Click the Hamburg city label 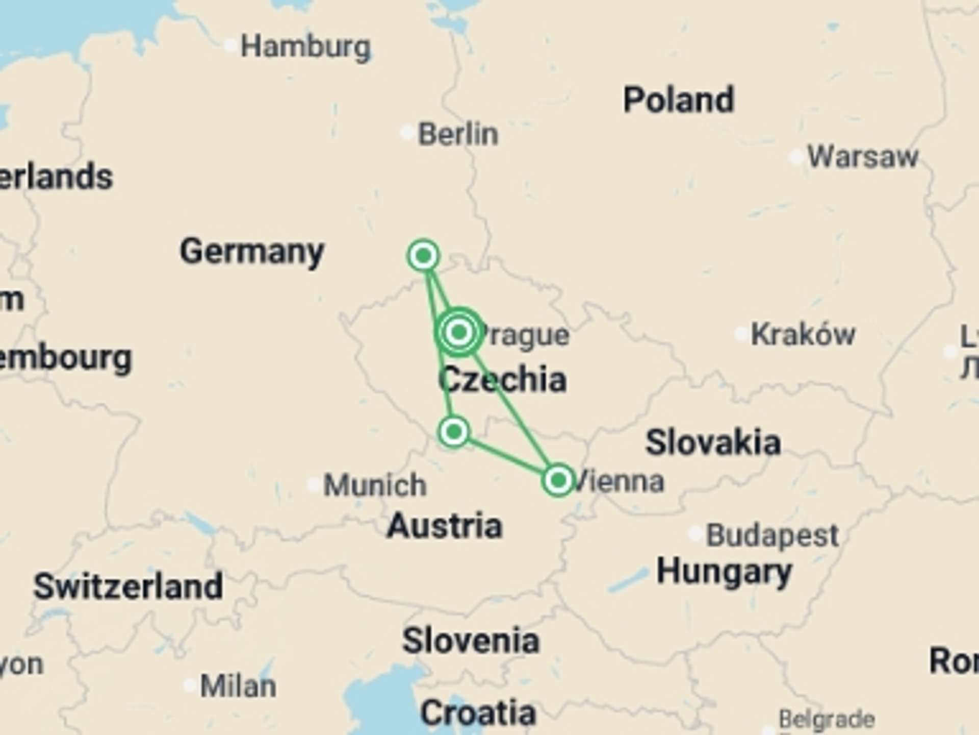305,47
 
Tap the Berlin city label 458,134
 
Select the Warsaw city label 863,157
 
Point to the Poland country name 679,100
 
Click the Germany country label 252,252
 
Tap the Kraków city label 803,335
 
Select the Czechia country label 502,380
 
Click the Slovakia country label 713,443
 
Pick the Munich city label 375,485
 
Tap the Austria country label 445,526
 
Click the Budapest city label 772,535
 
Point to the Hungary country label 724,572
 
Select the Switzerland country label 128,586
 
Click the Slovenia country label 471,641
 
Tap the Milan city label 238,686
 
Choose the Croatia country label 478,713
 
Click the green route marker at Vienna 558,480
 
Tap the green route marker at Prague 459,332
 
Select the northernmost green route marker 423,255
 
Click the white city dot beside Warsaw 796,158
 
